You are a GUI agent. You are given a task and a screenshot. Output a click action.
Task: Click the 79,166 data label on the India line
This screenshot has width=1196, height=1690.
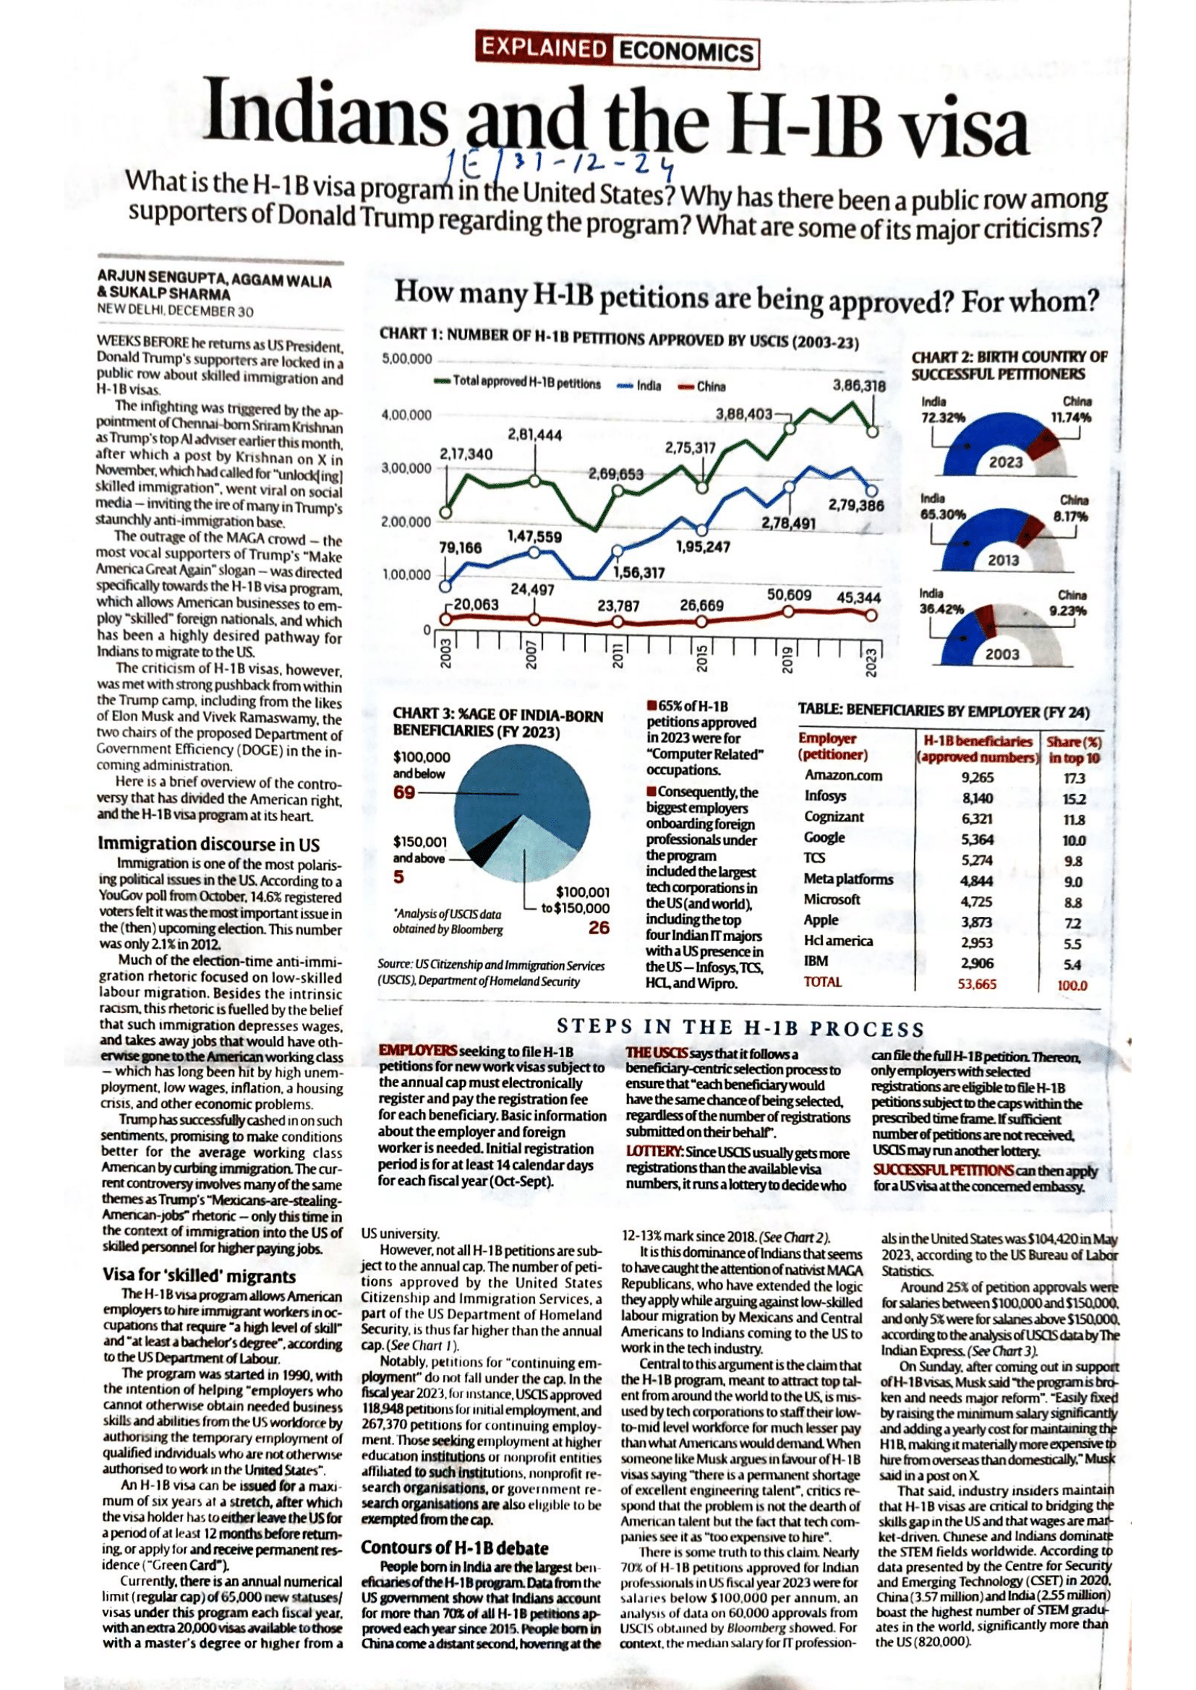click(461, 548)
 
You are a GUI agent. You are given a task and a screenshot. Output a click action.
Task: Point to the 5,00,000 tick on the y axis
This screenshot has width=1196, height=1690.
click(407, 359)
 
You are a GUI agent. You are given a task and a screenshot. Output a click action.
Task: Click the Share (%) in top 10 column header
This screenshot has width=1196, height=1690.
click(1075, 749)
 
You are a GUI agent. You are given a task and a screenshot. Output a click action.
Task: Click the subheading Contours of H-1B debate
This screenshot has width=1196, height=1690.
click(455, 1548)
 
